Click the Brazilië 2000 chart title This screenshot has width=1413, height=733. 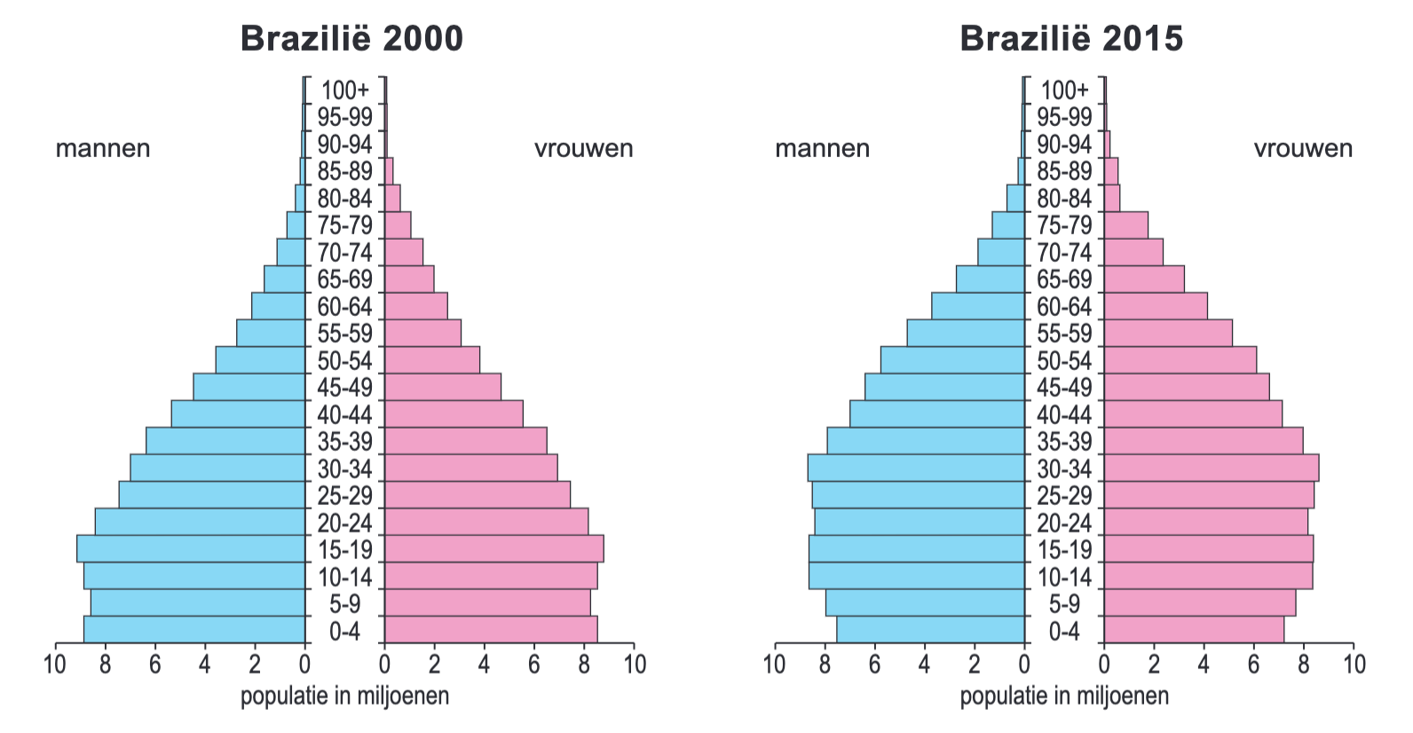(351, 39)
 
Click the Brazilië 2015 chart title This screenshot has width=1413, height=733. (1071, 39)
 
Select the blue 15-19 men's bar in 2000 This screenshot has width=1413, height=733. (191, 548)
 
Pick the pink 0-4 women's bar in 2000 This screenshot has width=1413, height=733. (491, 629)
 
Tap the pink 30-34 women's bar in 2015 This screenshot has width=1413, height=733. (1212, 468)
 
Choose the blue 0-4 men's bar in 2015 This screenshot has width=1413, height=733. (930, 629)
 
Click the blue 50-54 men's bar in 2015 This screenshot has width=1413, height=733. (952, 359)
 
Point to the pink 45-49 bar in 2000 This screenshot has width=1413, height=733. (443, 387)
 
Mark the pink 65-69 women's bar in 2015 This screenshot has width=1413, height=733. (1144, 279)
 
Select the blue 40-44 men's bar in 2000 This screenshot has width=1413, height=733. (238, 414)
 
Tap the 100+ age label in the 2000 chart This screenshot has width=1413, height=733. (344, 90)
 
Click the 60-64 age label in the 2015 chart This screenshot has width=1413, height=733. (1064, 306)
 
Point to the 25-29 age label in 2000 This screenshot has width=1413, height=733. (344, 495)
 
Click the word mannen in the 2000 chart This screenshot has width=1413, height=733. (103, 148)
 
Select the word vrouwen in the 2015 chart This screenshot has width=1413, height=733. (1303, 148)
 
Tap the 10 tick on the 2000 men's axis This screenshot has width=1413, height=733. (55, 664)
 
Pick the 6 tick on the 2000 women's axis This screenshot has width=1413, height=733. (534, 664)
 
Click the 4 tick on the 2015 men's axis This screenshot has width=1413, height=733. (924, 664)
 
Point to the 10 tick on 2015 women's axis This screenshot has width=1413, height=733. (1354, 664)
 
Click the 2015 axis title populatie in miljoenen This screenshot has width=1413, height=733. (1064, 696)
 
